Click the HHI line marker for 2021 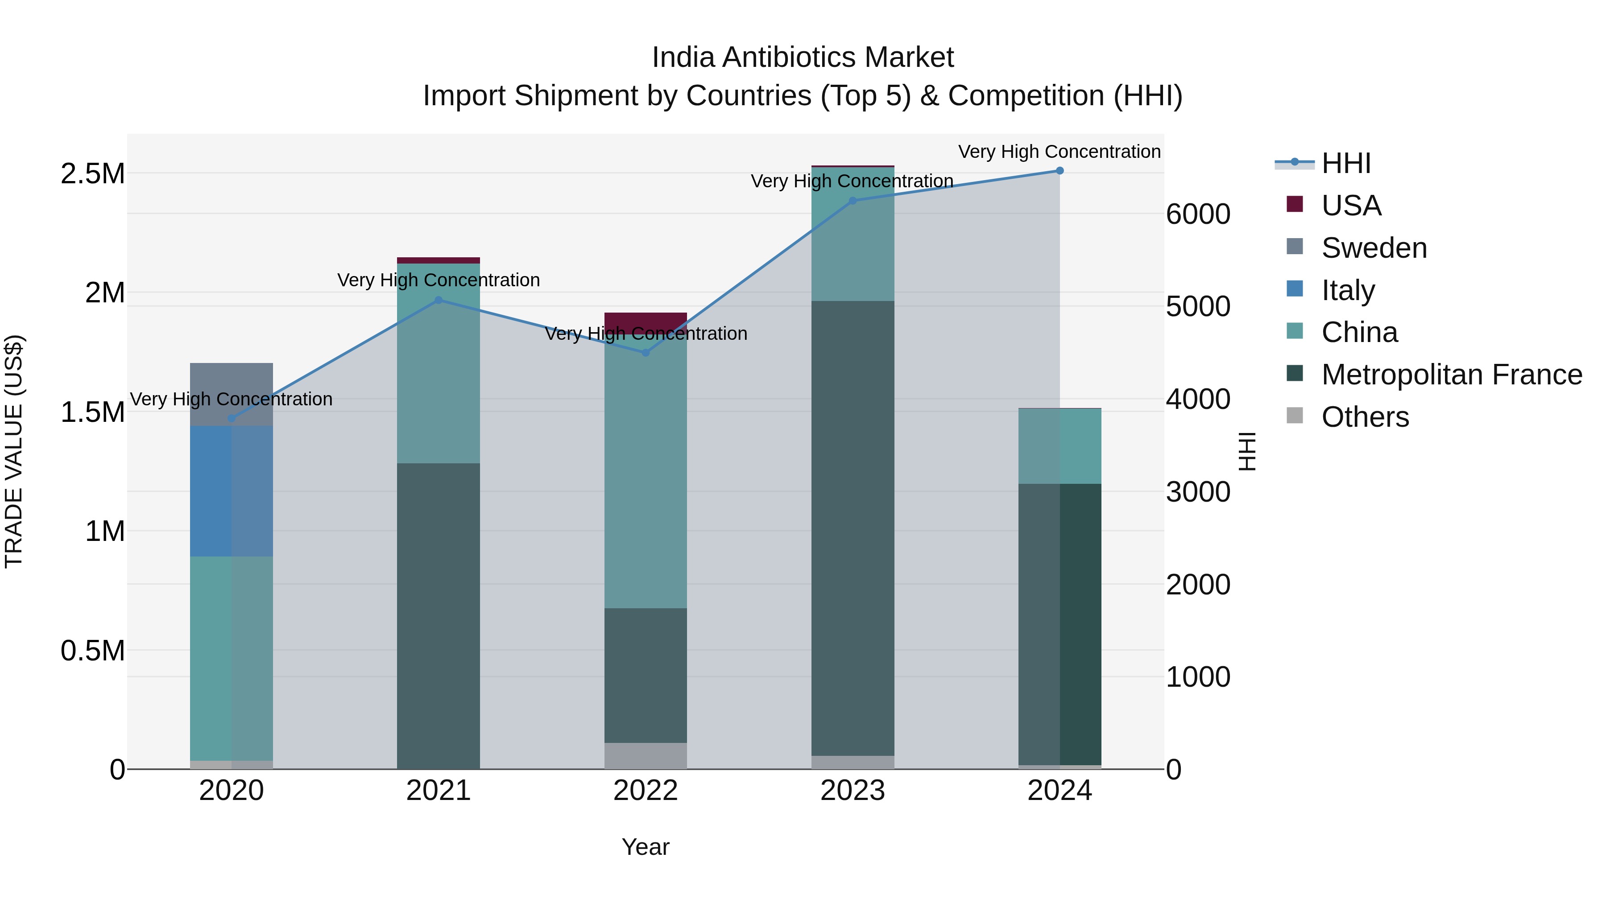438,300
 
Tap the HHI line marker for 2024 1059,171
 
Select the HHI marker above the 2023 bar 853,201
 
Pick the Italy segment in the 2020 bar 231,491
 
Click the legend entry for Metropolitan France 1451,375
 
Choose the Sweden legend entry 1374,248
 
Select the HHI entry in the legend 1345,163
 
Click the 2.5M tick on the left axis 92,174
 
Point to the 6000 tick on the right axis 1198,214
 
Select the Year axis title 645,847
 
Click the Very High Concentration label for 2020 231,399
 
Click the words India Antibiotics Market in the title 803,58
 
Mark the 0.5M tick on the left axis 92,651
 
